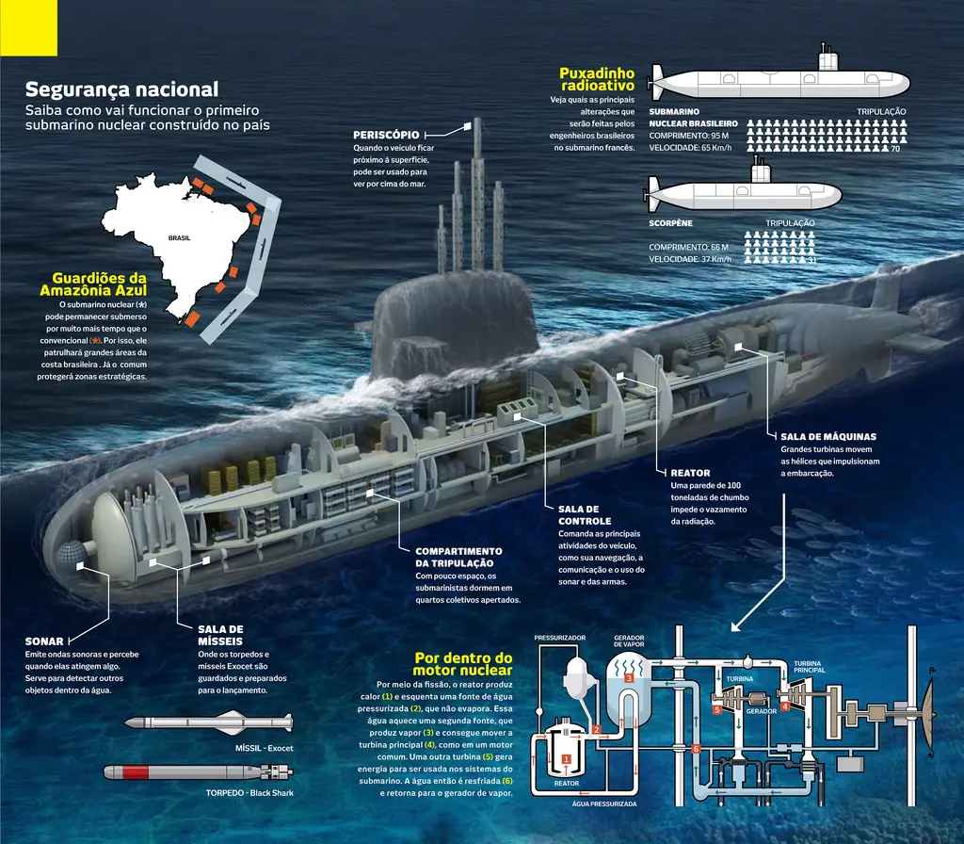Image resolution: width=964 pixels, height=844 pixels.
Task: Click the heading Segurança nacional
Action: coord(121,89)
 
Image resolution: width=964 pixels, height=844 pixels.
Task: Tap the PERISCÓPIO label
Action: coord(386,135)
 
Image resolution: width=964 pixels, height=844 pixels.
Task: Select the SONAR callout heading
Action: coord(44,641)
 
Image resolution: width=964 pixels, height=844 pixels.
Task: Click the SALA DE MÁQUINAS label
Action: coord(828,436)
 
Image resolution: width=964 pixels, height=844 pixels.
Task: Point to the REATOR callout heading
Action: coord(690,473)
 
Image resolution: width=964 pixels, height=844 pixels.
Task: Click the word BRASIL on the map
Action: coord(180,237)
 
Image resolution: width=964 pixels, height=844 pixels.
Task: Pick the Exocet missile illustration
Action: coord(208,722)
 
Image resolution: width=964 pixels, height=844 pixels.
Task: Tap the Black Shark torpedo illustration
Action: coord(198,771)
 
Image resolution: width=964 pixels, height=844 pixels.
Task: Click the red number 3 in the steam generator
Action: coord(629,678)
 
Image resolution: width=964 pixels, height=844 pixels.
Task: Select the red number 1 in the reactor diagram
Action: coord(566,759)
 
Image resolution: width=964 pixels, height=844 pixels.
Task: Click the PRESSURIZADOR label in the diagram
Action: coord(559,638)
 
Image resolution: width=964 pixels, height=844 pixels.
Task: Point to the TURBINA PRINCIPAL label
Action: coord(809,667)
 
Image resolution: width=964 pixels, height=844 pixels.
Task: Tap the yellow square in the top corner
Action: coord(28,27)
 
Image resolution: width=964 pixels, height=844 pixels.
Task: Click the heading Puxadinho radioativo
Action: coord(597,79)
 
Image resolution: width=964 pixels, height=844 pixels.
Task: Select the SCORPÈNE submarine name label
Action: coord(670,222)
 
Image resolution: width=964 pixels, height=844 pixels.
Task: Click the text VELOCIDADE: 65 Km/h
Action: coord(690,148)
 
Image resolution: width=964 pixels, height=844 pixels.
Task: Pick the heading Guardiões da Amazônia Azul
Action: coord(93,284)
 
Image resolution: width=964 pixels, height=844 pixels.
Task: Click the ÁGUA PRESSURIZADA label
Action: coord(603,803)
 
